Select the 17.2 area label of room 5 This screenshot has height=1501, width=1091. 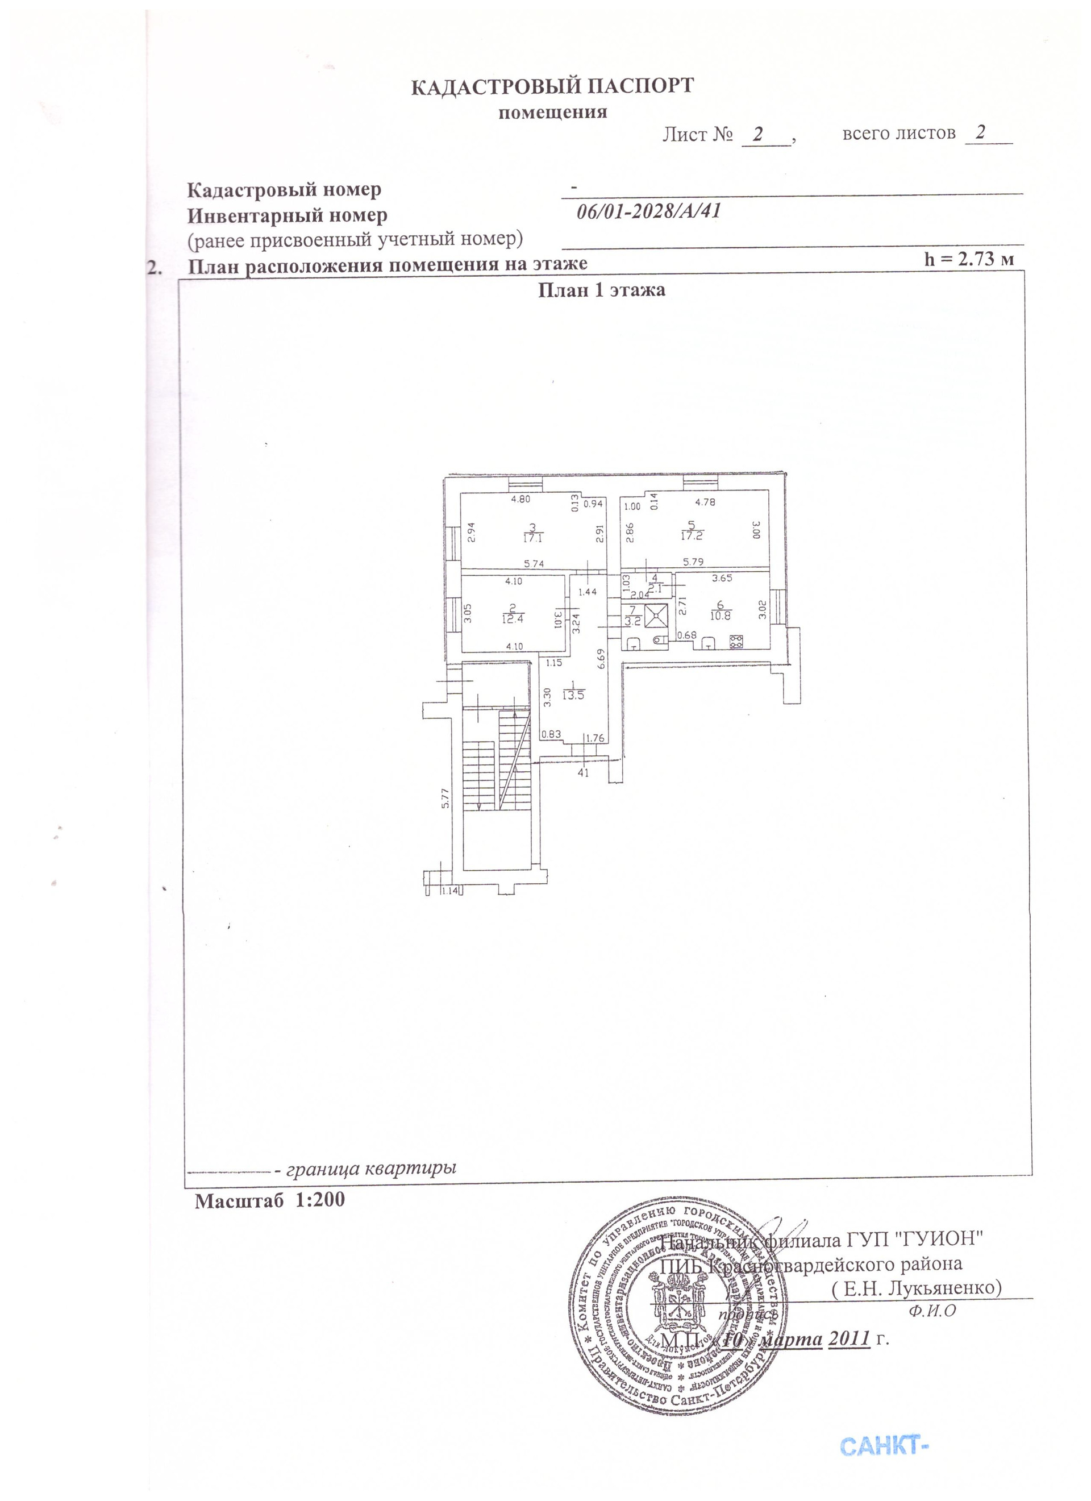click(692, 535)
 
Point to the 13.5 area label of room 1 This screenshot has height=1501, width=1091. click(573, 695)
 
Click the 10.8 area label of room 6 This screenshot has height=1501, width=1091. click(721, 616)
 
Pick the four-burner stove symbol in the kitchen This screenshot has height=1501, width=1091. click(735, 641)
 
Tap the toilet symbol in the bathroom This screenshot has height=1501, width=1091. click(659, 641)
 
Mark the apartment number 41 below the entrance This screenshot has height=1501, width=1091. click(583, 772)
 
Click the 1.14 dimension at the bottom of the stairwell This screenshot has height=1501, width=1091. click(450, 891)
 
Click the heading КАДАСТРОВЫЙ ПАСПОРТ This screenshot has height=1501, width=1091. click(552, 87)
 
